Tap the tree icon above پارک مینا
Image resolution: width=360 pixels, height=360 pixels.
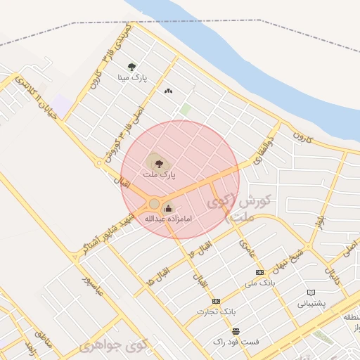point(131,67)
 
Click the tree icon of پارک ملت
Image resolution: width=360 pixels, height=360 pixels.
point(157,161)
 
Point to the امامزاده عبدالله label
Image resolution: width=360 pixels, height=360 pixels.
point(169,219)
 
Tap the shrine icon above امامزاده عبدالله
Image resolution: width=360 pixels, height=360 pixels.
point(168,208)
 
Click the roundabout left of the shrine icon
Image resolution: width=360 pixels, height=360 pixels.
point(154,204)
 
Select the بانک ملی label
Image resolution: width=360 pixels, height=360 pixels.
point(259,283)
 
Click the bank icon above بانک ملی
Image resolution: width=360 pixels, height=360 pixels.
point(259,272)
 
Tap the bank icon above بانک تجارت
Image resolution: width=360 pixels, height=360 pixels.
point(216,300)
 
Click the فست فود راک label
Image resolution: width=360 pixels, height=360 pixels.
point(236,341)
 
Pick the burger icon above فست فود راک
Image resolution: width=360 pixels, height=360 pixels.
point(236,330)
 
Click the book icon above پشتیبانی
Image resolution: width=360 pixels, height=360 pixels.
point(311,292)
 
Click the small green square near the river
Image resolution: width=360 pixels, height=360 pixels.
point(186,110)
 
